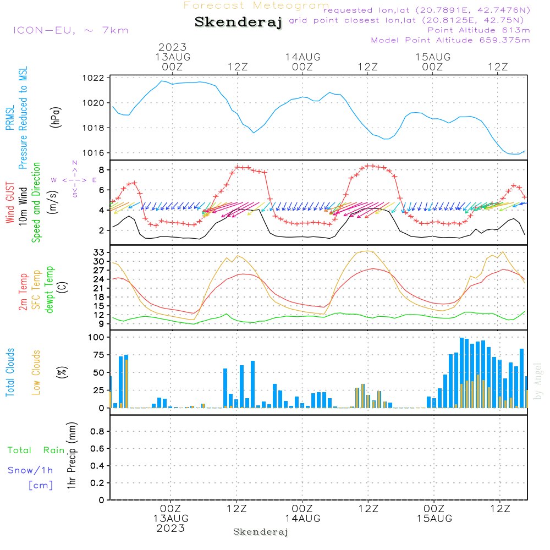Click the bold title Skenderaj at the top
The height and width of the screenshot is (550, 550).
[x=238, y=23]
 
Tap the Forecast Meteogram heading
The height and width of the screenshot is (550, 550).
[x=256, y=5]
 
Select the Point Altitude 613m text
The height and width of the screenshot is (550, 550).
[x=479, y=30]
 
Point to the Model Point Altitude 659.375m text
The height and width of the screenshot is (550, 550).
[x=450, y=40]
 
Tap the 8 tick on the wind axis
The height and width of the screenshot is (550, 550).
[x=101, y=170]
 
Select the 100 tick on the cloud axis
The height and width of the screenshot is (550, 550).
[x=96, y=337]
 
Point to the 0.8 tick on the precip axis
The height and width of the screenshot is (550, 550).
[x=97, y=432]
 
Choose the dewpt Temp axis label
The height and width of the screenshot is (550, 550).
[x=50, y=290]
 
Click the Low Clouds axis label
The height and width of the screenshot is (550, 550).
[x=36, y=373]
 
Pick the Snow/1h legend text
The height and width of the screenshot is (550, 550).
[x=31, y=471]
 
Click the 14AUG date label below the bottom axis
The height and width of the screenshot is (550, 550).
[x=302, y=519]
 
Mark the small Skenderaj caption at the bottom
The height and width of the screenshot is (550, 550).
[x=261, y=532]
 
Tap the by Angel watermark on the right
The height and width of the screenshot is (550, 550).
[x=538, y=382]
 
